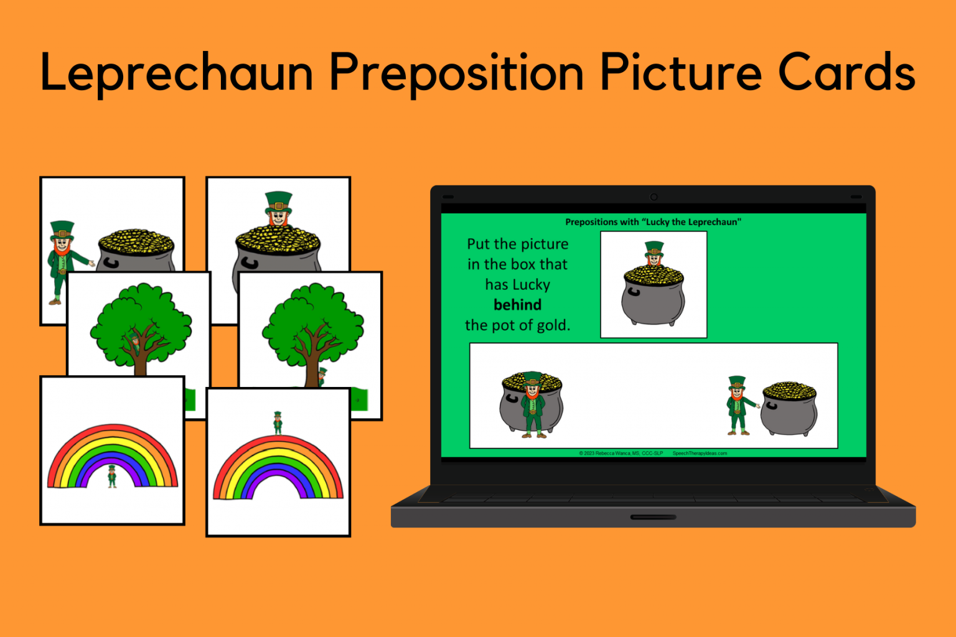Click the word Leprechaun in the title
point(176,73)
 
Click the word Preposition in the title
point(456,73)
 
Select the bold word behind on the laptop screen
point(517,305)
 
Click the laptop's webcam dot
point(654,197)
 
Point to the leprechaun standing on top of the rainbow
point(278,422)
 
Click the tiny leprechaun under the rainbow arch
point(112,476)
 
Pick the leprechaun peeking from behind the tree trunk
point(322,376)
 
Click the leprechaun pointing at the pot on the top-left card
point(63,261)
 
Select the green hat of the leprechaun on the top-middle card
point(278,201)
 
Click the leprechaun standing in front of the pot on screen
point(533,405)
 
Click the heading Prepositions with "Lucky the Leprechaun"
point(653,222)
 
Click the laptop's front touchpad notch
point(653,517)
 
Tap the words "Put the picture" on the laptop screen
point(517,244)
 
